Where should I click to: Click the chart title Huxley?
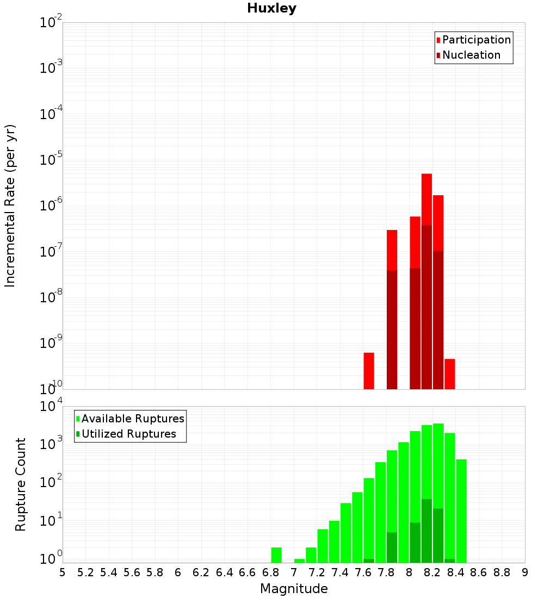[271, 9]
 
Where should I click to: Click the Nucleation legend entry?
[471, 55]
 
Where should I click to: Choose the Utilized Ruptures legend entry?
[128, 434]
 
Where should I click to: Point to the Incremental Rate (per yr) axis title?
[10, 205]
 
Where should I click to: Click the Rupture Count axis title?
[21, 484]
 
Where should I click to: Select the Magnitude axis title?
[294, 589]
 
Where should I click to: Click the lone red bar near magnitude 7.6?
[369, 371]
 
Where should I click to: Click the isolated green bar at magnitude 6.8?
[276, 555]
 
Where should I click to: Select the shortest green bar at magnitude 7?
[299, 560]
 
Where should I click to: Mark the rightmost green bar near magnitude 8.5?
[461, 511]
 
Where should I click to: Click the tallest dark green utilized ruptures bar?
[426, 531]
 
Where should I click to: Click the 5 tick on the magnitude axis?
[63, 572]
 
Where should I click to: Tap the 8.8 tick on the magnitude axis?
[502, 572]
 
